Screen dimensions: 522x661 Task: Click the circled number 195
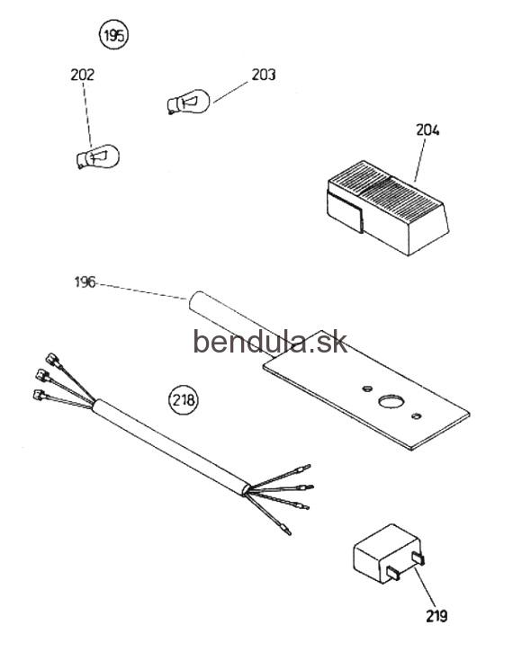pyautogui.click(x=113, y=35)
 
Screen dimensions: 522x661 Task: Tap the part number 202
pyautogui.click(x=82, y=75)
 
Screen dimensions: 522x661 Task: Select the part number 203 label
pyautogui.click(x=264, y=75)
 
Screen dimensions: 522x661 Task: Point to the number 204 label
pyautogui.click(x=427, y=130)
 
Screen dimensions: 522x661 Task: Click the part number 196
pyautogui.click(x=85, y=282)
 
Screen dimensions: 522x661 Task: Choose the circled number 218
pyautogui.click(x=184, y=398)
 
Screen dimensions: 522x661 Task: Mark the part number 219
pyautogui.click(x=436, y=616)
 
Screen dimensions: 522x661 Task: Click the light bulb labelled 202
pyautogui.click(x=98, y=157)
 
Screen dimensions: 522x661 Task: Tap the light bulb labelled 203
pyautogui.click(x=188, y=102)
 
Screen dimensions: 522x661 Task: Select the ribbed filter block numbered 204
pyautogui.click(x=387, y=207)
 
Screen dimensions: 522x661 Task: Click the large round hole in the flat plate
pyautogui.click(x=392, y=401)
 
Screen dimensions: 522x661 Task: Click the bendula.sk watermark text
pyautogui.click(x=270, y=343)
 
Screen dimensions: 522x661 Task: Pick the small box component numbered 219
pyautogui.click(x=388, y=553)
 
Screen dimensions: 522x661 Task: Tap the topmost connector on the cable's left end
pyautogui.click(x=53, y=360)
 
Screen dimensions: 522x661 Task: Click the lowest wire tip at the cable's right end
pyautogui.click(x=285, y=529)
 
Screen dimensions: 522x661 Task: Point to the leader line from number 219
pyautogui.click(x=425, y=587)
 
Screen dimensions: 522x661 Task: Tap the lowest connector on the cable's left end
pyautogui.click(x=40, y=395)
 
